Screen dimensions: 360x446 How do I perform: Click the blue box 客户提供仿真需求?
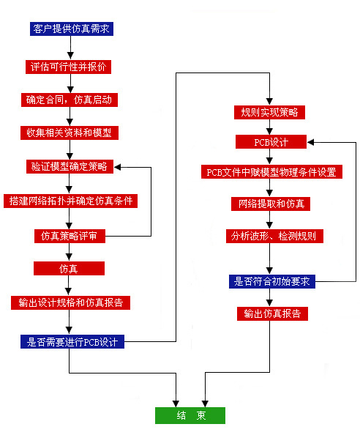(72, 29)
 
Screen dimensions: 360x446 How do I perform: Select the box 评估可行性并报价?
(68, 67)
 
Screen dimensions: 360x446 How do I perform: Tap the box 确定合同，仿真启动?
(70, 100)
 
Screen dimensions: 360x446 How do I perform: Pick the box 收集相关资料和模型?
(70, 133)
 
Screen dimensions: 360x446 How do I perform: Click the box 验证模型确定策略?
(70, 167)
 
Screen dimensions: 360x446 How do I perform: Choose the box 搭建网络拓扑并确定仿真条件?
(70, 201)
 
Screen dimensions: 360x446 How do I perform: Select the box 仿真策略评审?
(70, 236)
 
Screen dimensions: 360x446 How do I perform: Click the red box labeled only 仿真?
(69, 269)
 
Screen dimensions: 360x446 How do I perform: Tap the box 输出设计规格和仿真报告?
(70, 302)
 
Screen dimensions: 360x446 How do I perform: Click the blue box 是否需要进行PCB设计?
(72, 341)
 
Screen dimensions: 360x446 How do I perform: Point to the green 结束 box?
(190, 415)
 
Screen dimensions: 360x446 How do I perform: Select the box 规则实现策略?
(270, 112)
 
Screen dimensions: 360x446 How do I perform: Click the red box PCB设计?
(271, 141)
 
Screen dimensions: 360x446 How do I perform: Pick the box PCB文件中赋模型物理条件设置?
(271, 172)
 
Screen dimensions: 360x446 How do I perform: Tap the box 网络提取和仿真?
(271, 204)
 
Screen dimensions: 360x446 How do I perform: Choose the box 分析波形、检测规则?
(275, 236)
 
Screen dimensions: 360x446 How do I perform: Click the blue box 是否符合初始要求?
(272, 282)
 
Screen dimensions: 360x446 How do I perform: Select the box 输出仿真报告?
(272, 313)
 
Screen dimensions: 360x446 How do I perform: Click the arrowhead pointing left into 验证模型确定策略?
(117, 168)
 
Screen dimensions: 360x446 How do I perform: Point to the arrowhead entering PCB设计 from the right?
(310, 142)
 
